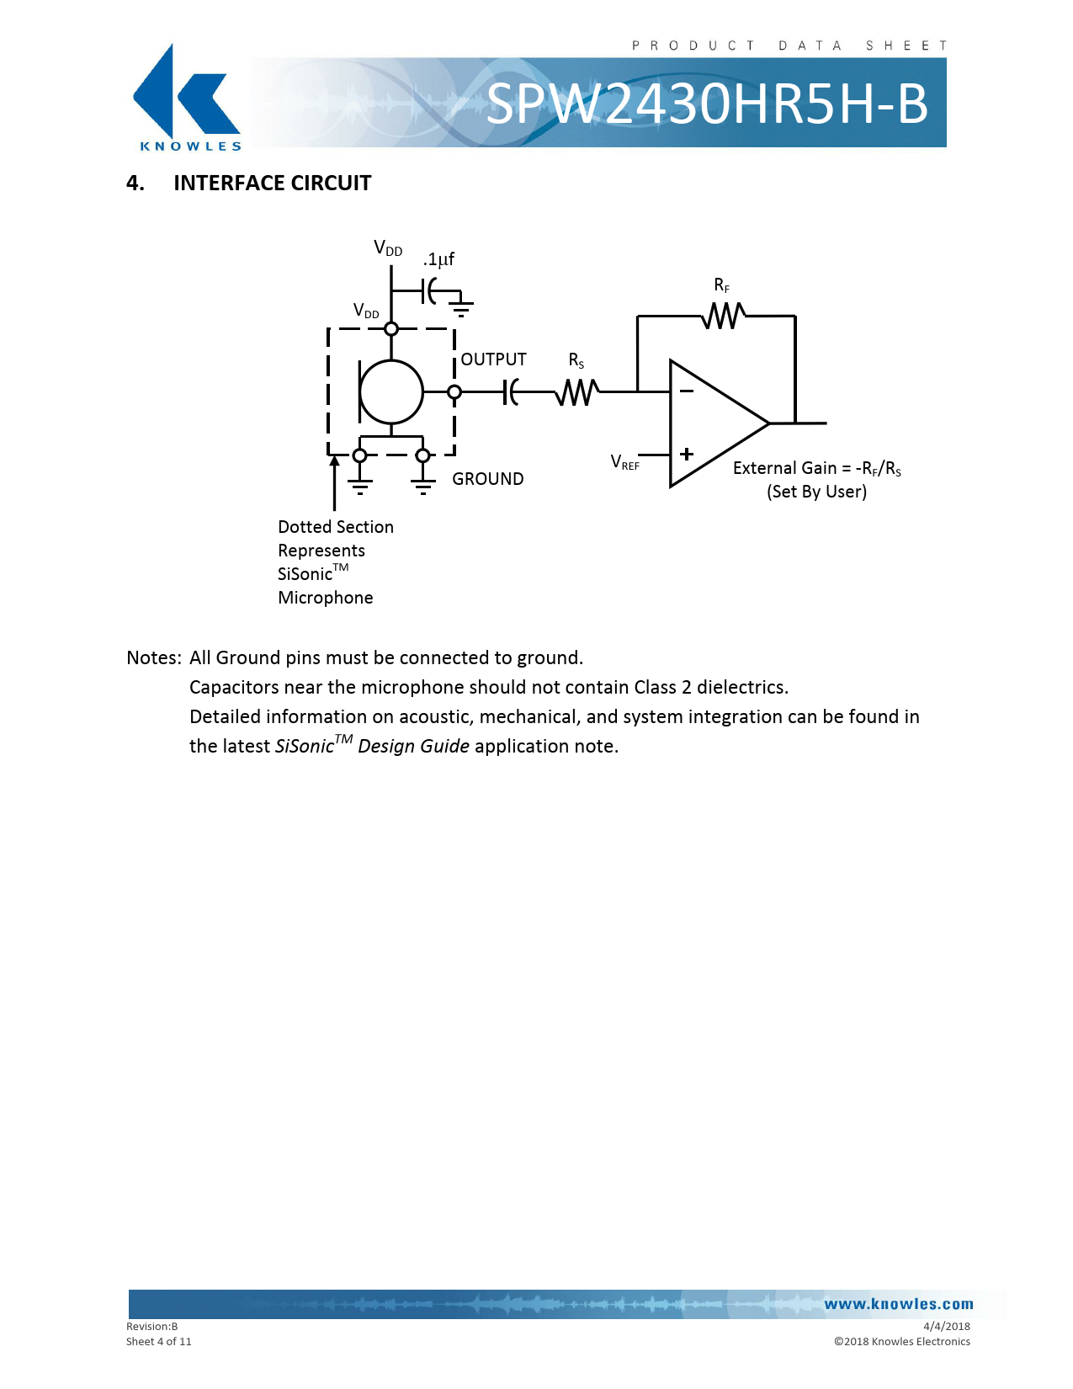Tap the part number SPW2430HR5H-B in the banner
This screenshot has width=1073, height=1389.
pyautogui.click(x=706, y=104)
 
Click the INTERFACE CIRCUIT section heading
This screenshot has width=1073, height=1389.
pyautogui.click(x=272, y=184)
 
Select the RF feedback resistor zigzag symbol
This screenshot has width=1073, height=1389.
pyautogui.click(x=723, y=316)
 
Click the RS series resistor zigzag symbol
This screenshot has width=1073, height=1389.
pyautogui.click(x=577, y=391)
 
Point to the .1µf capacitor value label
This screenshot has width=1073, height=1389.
pyautogui.click(x=438, y=259)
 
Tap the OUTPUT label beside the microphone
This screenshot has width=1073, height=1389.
pyautogui.click(x=493, y=359)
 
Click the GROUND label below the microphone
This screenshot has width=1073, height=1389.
pyautogui.click(x=487, y=479)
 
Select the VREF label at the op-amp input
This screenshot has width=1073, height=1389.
pyautogui.click(x=625, y=462)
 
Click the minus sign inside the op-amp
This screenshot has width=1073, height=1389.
pyautogui.click(x=687, y=391)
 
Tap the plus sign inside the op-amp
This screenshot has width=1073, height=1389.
pyautogui.click(x=687, y=454)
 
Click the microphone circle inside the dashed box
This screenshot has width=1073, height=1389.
pyautogui.click(x=391, y=391)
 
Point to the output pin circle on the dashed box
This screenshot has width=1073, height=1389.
pyautogui.click(x=454, y=391)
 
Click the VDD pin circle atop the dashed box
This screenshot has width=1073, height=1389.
pyautogui.click(x=391, y=328)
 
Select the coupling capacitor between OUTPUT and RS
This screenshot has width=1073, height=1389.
pyautogui.click(x=511, y=391)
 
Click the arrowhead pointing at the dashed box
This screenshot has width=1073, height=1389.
pyautogui.click(x=334, y=460)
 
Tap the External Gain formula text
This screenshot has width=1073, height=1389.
pyautogui.click(x=816, y=469)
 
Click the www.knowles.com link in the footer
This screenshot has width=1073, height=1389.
pyautogui.click(x=898, y=1304)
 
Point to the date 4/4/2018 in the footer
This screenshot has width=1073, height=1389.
pyautogui.click(x=946, y=1326)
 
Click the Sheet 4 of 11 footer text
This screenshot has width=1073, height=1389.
pyautogui.click(x=159, y=1342)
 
